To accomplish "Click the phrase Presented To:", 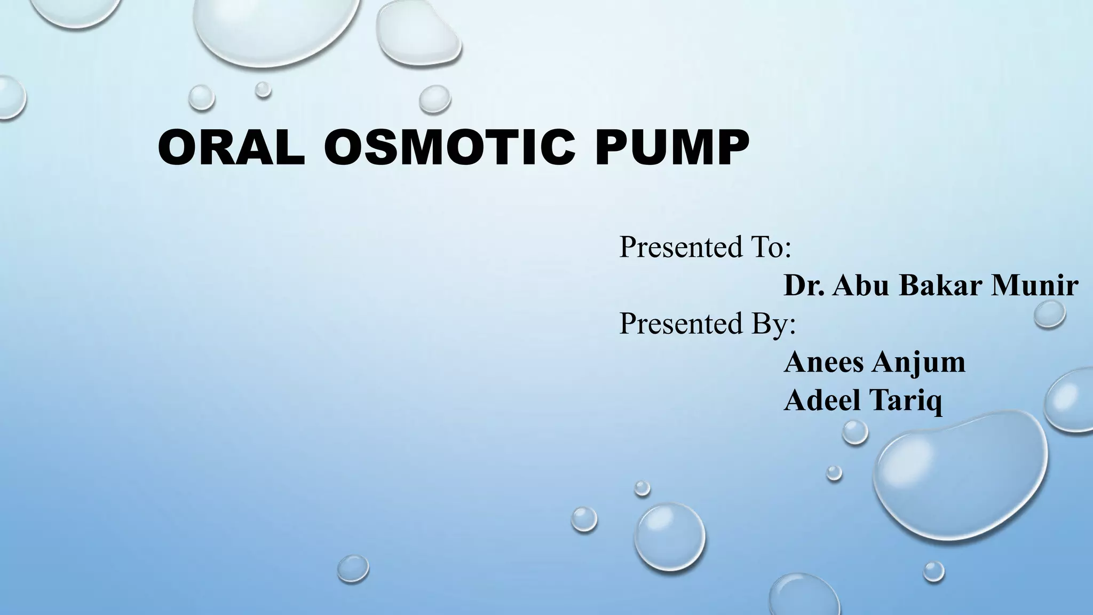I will [704, 247].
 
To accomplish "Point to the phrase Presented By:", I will [707, 324].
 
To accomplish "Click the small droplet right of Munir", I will [1049, 313].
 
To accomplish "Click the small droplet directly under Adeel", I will [855, 432].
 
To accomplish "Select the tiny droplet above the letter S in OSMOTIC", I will [263, 89].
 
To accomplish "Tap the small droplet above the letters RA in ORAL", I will [202, 98].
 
